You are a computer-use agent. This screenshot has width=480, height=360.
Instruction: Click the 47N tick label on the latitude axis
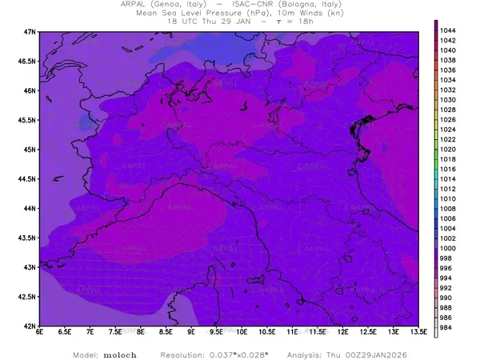pos(30,32)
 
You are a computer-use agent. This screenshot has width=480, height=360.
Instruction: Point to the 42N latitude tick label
pos(30,326)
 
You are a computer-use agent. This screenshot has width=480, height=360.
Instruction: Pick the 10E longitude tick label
pos(242,334)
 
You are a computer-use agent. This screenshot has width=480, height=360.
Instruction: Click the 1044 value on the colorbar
pos(448,30)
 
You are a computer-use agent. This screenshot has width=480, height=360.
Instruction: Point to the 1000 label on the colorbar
pos(448,249)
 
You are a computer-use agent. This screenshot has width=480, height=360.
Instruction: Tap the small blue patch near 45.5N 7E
pos(86,123)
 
